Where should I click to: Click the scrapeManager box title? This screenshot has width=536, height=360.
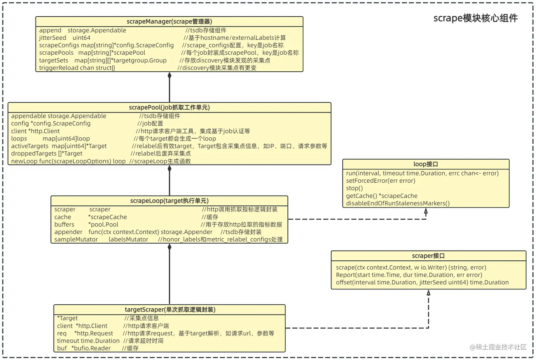pyautogui.click(x=169, y=22)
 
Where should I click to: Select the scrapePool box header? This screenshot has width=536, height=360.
pyautogui.click(x=169, y=107)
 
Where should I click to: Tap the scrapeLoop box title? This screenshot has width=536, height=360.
pyautogui.click(x=169, y=201)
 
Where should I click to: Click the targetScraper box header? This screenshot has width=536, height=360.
pyautogui.click(x=170, y=310)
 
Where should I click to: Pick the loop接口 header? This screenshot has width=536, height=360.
pyautogui.click(x=425, y=164)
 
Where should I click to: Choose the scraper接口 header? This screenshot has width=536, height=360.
pyautogui.click(x=428, y=256)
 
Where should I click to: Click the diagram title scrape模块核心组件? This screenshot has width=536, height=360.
pyautogui.click(x=475, y=18)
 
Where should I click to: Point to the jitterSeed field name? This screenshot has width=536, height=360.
pyautogui.click(x=52, y=38)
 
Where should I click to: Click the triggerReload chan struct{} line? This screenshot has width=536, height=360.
pyautogui.click(x=77, y=68)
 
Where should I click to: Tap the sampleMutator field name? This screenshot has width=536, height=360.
pyautogui.click(x=76, y=239)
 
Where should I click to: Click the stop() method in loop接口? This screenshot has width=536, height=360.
pyautogui.click(x=354, y=188)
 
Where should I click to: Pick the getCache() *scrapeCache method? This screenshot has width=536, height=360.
pyautogui.click(x=381, y=196)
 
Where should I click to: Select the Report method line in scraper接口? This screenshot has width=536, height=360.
pyautogui.click(x=409, y=275)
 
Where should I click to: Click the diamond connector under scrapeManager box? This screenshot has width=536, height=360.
pyautogui.click(x=169, y=76)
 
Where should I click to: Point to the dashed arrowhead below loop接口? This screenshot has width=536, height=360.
pyautogui.click(x=426, y=211)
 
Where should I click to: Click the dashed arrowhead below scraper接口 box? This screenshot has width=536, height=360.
pyautogui.click(x=428, y=293)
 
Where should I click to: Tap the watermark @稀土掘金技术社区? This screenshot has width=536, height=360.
pyautogui.click(x=498, y=347)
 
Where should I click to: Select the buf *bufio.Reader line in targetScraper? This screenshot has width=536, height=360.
pyautogui.click(x=84, y=348)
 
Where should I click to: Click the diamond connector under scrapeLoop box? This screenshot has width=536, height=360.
pyautogui.click(x=169, y=247)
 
